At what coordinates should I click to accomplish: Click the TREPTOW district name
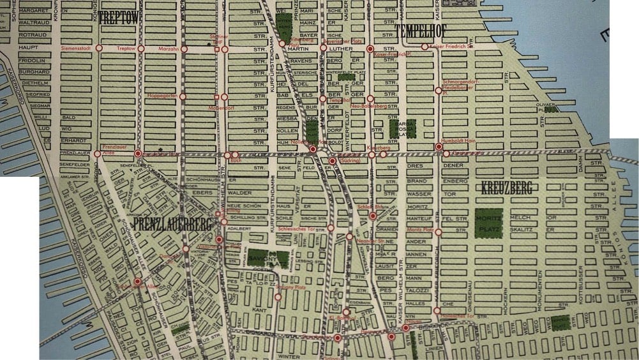[x=118, y=19]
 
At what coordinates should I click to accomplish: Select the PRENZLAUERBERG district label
[x=172, y=224]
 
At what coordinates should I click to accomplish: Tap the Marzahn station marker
[x=184, y=49]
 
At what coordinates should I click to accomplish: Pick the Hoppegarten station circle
[x=183, y=97]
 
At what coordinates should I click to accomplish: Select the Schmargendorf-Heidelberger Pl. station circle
[x=438, y=91]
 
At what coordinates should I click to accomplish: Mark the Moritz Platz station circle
[x=438, y=232]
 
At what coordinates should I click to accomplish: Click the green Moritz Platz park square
[x=488, y=224]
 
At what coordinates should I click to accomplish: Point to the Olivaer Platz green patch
[x=550, y=109]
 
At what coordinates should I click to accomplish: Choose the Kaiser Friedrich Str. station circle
[x=425, y=47]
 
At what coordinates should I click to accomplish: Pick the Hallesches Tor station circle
[x=437, y=311]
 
